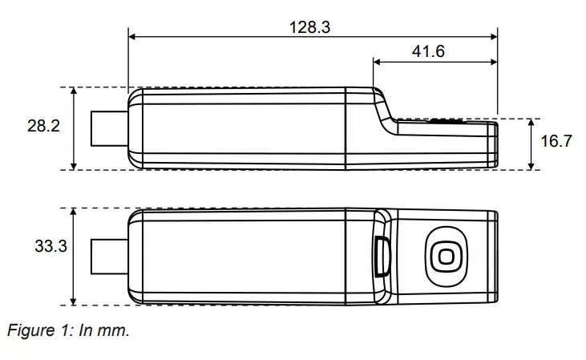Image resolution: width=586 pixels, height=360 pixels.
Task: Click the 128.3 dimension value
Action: pos(309,26)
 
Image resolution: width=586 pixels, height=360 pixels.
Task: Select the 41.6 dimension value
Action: pos(428,51)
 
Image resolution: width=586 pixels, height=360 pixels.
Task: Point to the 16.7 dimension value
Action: pos(556,142)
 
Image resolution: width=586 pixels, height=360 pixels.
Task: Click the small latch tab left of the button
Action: pos(382,257)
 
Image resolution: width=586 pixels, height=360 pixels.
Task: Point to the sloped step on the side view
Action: pos(384,108)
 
